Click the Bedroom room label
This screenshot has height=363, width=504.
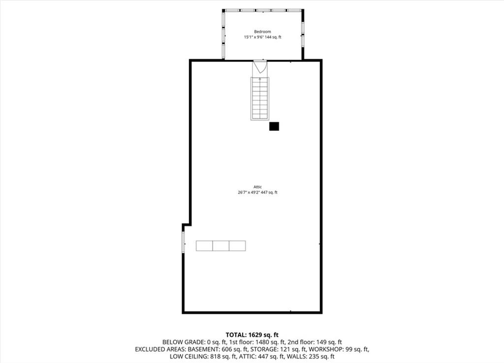tap(262, 31)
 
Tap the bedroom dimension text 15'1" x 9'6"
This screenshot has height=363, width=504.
tap(253, 37)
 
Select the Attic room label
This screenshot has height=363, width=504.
tap(257, 186)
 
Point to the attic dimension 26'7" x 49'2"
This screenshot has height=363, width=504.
tap(249, 192)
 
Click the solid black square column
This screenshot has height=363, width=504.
tap(274, 126)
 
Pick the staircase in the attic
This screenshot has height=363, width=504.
tap(260, 98)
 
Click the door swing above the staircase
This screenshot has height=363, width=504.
tap(260, 67)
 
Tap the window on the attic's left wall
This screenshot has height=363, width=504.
tap(183, 242)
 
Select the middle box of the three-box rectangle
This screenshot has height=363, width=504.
tap(221, 246)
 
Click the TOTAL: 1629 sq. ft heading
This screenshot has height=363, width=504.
tap(252, 335)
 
